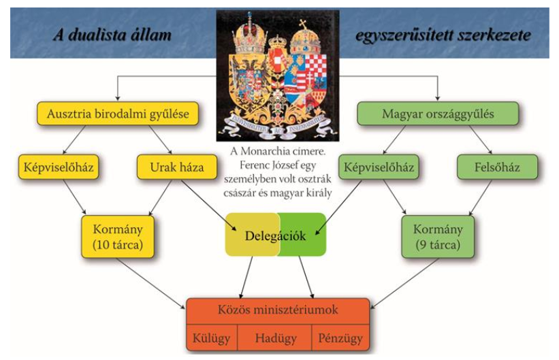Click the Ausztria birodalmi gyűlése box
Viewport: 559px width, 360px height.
coord(118,114)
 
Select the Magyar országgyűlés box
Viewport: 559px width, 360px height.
coord(438,114)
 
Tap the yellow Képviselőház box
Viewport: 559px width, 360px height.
coord(57,165)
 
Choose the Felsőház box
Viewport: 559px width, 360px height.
coord(496,165)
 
